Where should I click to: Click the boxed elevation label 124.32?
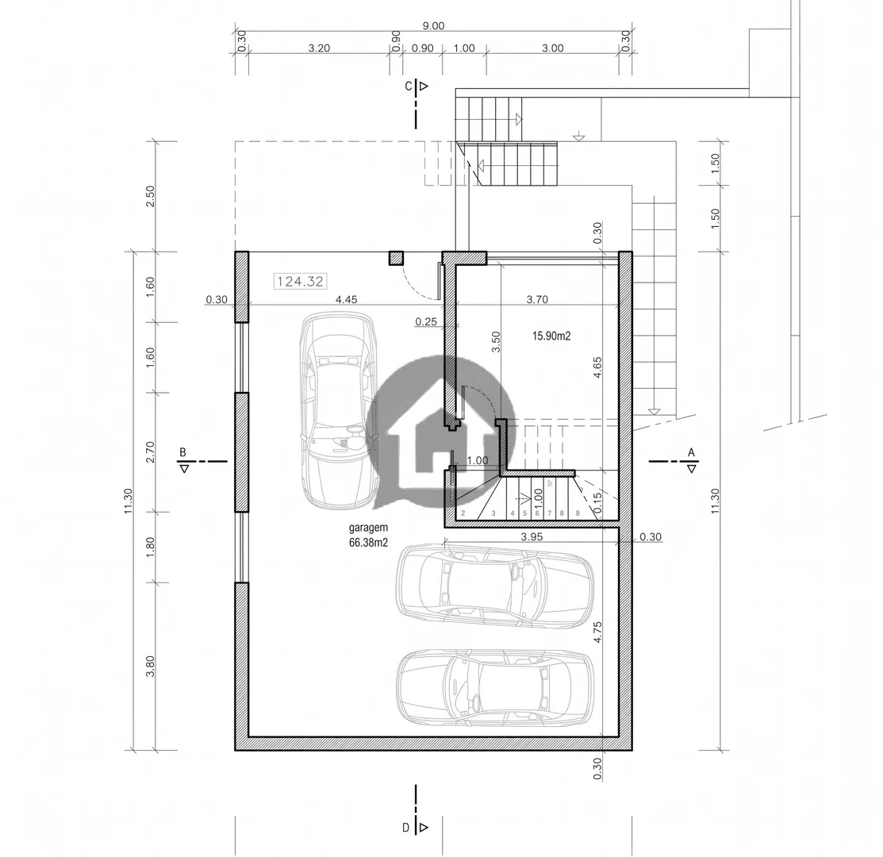coord(300,281)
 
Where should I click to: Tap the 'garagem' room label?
coord(368,528)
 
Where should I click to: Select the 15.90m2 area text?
coord(552,336)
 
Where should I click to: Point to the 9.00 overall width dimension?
coord(434,25)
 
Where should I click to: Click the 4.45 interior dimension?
coord(347,300)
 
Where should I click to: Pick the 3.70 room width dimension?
coord(537,300)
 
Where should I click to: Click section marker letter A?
coord(692,453)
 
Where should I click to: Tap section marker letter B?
coord(182,453)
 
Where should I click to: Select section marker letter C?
coord(409,86)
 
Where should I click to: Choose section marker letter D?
coord(405,828)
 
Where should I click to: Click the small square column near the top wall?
coord(396,258)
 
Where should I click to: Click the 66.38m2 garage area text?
coord(368,543)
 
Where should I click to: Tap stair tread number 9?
coord(578,513)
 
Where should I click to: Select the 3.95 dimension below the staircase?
coord(532,536)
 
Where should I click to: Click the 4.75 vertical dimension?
coord(597,632)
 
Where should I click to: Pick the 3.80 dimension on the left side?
coord(150,666)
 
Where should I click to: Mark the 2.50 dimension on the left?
coord(150,196)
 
